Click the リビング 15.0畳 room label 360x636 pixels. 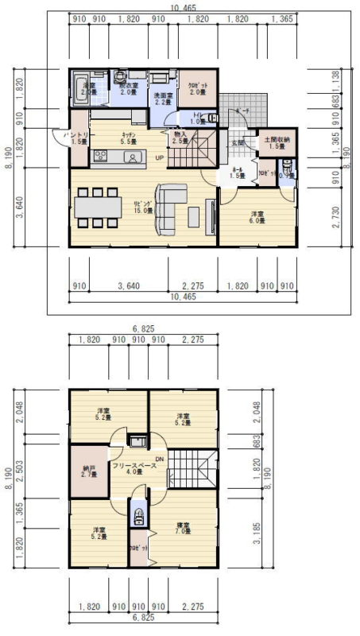143,207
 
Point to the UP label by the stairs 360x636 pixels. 160,157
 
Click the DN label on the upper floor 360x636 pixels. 159,459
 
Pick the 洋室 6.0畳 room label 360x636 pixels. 257,217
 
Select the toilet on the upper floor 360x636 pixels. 139,515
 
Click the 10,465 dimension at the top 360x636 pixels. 180,7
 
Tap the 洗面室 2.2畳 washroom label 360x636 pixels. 162,99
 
